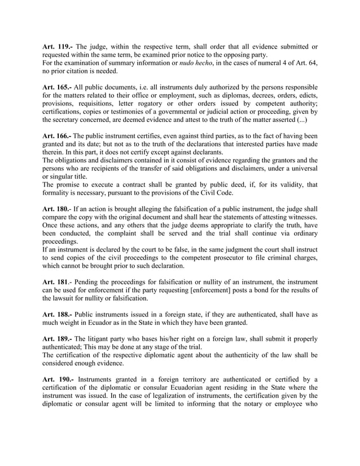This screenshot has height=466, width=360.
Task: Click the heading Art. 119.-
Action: pos(58,46)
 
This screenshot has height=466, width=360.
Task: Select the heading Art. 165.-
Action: pos(58,87)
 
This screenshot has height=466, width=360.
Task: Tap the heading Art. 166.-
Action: pos(58,137)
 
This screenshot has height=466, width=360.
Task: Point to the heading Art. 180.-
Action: pos(58,209)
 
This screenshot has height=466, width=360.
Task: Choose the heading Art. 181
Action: pos(56,280)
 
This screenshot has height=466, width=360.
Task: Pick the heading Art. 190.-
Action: pos(58,380)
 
